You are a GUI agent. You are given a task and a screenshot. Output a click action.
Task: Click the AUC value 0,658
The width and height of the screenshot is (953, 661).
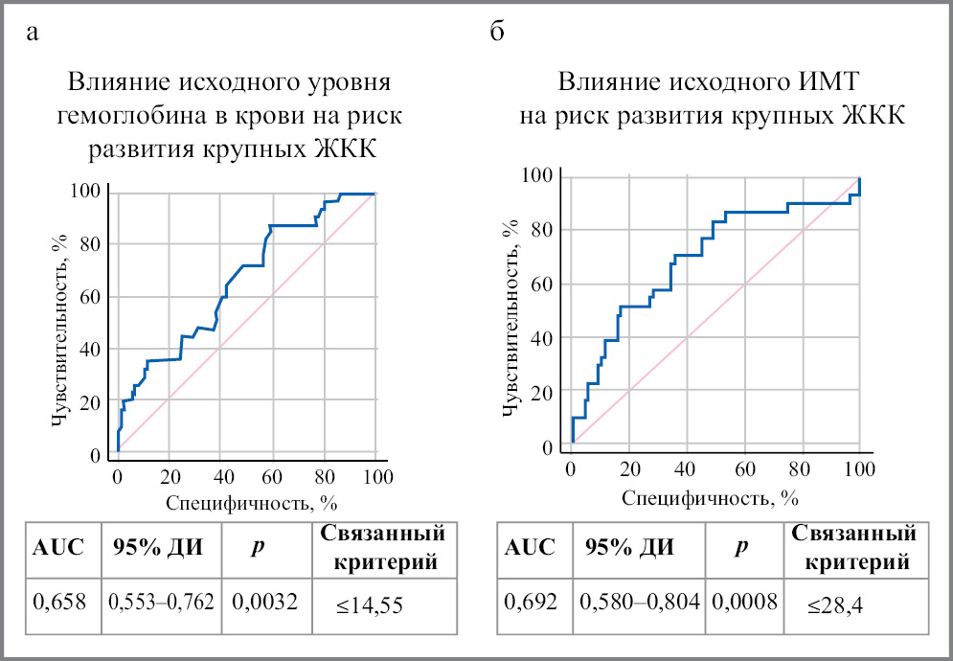(59, 603)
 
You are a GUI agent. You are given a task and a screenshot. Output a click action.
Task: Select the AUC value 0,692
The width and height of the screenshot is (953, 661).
(531, 603)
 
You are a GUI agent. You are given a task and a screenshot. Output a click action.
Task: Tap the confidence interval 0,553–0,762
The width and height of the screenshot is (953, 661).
(161, 603)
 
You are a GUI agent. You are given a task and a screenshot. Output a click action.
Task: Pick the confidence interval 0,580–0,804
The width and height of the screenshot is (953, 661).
(641, 603)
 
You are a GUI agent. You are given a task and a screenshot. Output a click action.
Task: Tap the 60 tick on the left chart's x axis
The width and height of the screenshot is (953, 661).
(274, 477)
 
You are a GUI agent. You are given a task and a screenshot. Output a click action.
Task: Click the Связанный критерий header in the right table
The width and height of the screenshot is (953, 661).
(851, 547)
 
